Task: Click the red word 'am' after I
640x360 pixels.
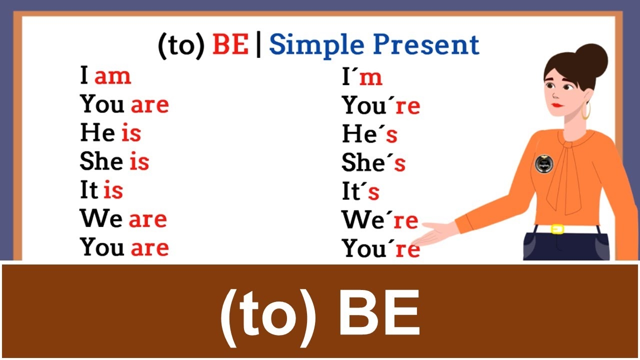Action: pyautogui.click(x=112, y=76)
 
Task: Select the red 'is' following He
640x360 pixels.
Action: pyautogui.click(x=131, y=133)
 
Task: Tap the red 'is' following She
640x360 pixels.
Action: pyautogui.click(x=139, y=162)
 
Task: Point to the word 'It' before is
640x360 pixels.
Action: pyautogui.click(x=89, y=190)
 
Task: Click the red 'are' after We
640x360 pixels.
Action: pyautogui.click(x=147, y=219)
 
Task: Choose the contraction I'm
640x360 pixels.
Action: pyautogui.click(x=362, y=77)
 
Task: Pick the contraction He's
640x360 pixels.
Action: pyautogui.click(x=369, y=134)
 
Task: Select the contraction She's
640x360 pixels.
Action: pyautogui.click(x=373, y=163)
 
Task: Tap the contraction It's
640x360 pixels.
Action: pyautogui.click(x=360, y=191)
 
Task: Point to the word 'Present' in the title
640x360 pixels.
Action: pyautogui.click(x=426, y=45)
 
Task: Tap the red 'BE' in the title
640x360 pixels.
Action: pyautogui.click(x=230, y=45)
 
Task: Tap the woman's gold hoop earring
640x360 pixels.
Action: pyautogui.click(x=585, y=110)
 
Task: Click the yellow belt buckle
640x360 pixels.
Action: pyautogui.click(x=557, y=229)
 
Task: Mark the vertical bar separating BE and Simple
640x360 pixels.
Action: pyautogui.click(x=258, y=45)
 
